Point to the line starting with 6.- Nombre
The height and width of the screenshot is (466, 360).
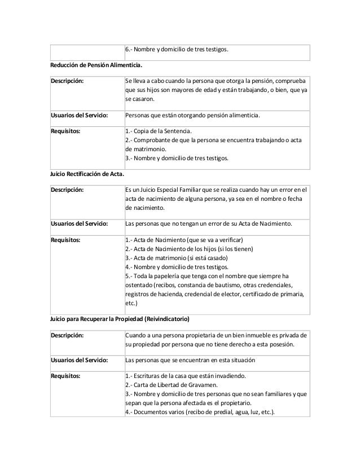(177, 50)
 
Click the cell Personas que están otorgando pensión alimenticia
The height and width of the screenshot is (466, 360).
(192, 115)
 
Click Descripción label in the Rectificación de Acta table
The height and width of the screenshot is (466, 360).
(68, 188)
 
